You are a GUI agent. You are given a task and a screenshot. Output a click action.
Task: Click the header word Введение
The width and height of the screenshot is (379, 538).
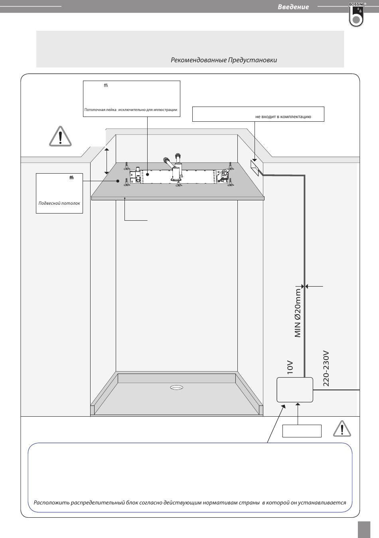(x=293, y=7)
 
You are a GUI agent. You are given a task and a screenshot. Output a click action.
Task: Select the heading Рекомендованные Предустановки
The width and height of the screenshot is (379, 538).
(x=223, y=60)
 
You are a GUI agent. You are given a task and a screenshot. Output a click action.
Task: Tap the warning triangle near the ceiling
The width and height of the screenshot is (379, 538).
(x=60, y=137)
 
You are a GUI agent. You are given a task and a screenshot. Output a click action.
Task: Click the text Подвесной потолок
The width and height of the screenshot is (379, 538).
(x=59, y=203)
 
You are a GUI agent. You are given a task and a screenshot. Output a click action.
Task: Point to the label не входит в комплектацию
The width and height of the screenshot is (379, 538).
(x=283, y=117)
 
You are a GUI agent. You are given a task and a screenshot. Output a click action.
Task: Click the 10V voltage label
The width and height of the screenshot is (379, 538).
(x=290, y=367)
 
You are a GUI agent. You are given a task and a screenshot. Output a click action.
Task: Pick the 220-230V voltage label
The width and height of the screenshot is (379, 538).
(x=326, y=368)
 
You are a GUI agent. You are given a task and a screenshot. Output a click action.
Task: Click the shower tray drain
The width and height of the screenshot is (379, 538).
(x=176, y=387)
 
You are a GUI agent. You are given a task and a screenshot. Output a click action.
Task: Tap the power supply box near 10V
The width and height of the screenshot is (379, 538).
(x=295, y=390)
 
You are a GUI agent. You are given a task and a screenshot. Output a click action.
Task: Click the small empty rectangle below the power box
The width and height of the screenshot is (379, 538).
(x=302, y=431)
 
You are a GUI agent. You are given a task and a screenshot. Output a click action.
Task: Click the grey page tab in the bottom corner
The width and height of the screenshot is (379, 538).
(x=364, y=529)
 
